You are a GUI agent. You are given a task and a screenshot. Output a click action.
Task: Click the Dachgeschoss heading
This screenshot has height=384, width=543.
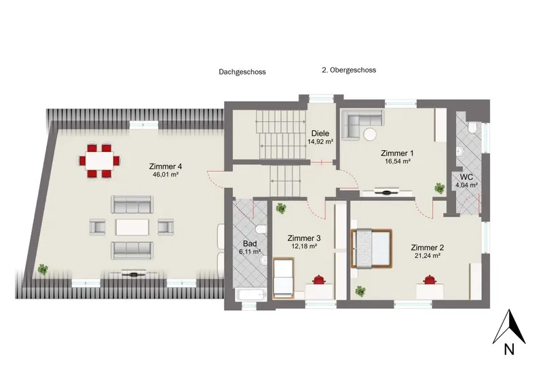[242, 72]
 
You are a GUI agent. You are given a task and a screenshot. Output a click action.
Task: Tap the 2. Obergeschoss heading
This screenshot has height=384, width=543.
[349, 70]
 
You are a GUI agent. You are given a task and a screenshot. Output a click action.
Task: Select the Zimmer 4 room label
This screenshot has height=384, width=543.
[165, 166]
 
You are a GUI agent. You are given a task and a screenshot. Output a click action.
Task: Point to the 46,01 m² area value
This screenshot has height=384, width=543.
[165, 175]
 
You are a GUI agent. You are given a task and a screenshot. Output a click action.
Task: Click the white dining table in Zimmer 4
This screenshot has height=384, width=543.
[100, 160]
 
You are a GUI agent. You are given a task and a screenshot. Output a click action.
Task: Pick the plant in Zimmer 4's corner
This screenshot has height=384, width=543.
[43, 269]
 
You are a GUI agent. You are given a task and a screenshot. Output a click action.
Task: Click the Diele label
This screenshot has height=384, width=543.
[320, 133]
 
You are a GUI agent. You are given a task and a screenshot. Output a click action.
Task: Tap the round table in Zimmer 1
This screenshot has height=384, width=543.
[369, 134]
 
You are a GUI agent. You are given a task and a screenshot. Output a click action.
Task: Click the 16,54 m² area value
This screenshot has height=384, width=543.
[397, 161]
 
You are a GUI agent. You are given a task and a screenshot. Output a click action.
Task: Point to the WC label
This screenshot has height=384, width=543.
[466, 178]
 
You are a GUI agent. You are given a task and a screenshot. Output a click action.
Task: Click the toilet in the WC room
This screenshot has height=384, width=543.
[472, 128]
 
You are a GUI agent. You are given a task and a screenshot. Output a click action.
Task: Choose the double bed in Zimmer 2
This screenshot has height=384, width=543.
[371, 248]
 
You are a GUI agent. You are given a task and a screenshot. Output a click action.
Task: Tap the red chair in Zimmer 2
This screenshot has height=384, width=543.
[430, 280]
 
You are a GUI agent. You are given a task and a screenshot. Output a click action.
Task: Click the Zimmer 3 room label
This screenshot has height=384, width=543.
[303, 238]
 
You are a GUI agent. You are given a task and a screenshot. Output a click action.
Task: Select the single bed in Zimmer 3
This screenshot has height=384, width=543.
[284, 278]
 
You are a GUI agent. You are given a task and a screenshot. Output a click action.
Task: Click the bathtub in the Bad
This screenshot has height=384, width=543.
[251, 295]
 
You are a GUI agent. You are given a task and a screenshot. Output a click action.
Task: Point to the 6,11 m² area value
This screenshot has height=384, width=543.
[250, 252]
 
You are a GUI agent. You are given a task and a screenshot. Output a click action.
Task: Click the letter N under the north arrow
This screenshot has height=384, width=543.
[508, 349]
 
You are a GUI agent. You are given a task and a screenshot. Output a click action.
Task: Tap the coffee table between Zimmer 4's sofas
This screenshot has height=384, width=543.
[132, 227]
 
